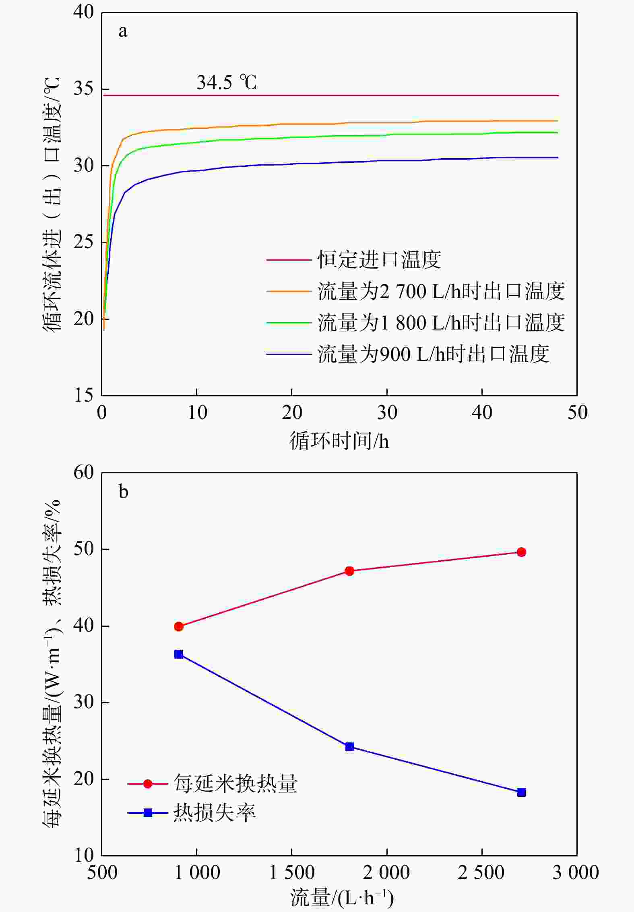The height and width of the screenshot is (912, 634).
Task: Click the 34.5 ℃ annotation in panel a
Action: (226, 82)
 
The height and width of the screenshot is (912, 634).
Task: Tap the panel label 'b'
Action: (123, 492)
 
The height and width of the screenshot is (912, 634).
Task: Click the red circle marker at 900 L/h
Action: (179, 626)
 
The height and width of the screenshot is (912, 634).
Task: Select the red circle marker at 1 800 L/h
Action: (349, 571)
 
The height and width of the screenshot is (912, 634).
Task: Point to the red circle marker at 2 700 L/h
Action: (521, 552)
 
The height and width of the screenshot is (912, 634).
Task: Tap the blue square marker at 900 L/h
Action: (179, 654)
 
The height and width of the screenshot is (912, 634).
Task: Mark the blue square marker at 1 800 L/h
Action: (349, 747)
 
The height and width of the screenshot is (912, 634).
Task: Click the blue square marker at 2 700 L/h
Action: (521, 792)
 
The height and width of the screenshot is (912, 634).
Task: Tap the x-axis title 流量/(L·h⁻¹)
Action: (341, 898)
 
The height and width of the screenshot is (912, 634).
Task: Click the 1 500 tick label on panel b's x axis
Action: (291, 873)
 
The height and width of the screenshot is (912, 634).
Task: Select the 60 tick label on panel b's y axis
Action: (84, 473)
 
